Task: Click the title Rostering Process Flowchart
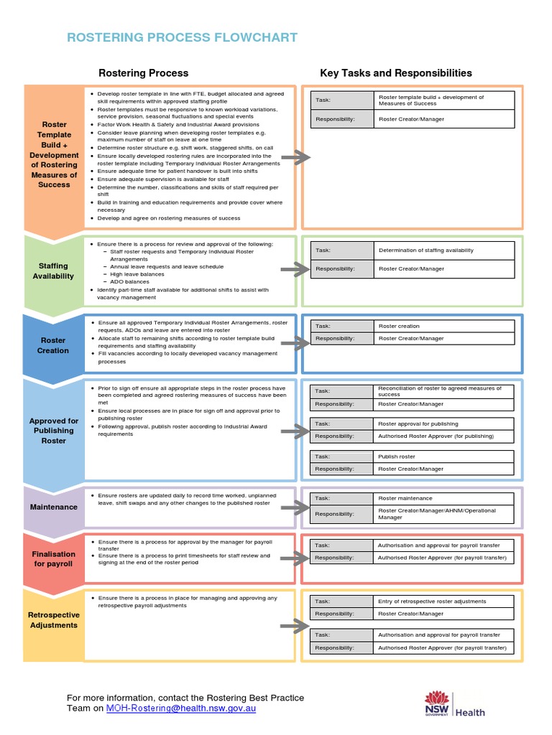coord(182,38)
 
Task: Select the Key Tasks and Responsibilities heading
coord(396,73)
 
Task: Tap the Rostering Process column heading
coord(143,73)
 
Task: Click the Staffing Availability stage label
coord(53,271)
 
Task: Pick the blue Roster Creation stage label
coord(53,345)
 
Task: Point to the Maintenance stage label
coord(53,507)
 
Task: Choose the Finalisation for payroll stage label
coord(53,558)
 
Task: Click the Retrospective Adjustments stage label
coord(53,620)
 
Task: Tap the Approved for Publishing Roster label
coord(53,431)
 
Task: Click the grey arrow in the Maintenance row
coord(295,507)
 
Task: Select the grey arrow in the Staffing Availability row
coord(295,270)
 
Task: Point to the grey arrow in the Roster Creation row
coord(295,344)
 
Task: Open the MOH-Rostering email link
coord(180,708)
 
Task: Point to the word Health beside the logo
coord(470,713)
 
